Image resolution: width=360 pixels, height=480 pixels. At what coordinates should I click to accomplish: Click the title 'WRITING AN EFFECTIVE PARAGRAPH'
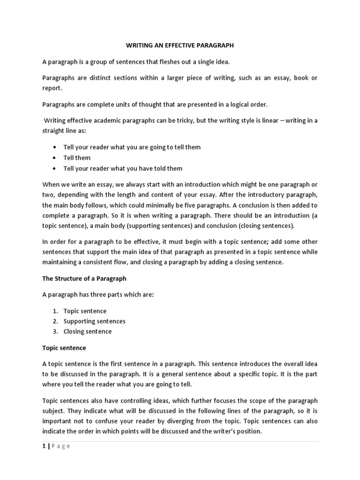180,46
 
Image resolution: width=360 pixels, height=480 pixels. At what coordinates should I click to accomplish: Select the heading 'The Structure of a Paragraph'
84,278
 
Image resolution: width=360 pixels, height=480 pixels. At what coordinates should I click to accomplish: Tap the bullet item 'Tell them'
77,157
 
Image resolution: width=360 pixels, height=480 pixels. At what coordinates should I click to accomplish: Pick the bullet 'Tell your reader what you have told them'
123,168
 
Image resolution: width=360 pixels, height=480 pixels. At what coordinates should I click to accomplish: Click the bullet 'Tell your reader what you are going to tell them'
132,147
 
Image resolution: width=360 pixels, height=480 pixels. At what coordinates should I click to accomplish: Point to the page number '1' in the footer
44,446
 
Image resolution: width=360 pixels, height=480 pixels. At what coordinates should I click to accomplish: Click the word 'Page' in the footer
60,446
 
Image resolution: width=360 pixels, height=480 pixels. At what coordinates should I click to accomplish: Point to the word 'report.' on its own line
52,88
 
